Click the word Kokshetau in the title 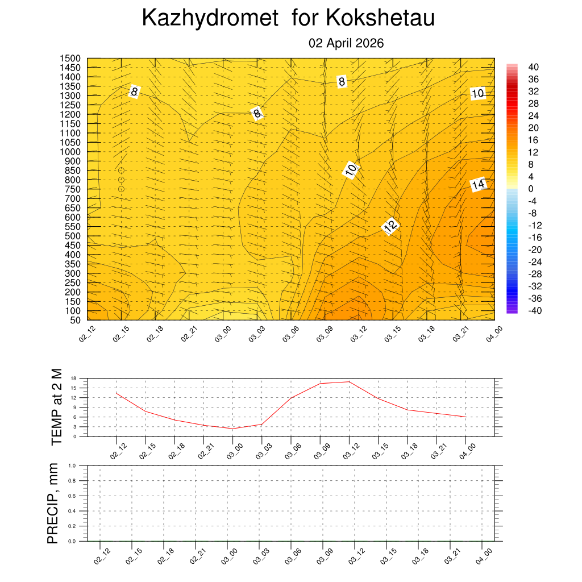380,18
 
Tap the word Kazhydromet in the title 210,18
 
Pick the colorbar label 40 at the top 533,67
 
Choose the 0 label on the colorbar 531,189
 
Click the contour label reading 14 479,184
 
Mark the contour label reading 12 390,226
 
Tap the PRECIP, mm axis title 53,503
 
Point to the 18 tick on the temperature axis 73,378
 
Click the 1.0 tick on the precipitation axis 72,465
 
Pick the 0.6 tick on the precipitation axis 72,496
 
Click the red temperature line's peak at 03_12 349,381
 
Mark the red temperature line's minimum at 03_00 232,429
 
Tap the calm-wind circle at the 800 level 121,180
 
